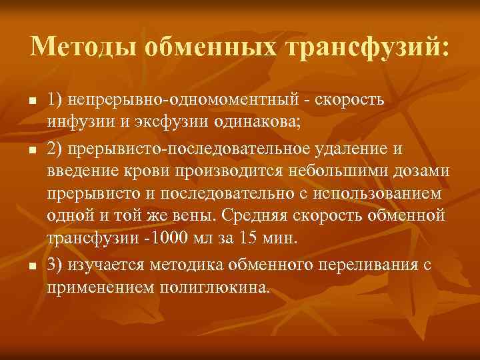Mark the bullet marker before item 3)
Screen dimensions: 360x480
coord(32,265)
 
